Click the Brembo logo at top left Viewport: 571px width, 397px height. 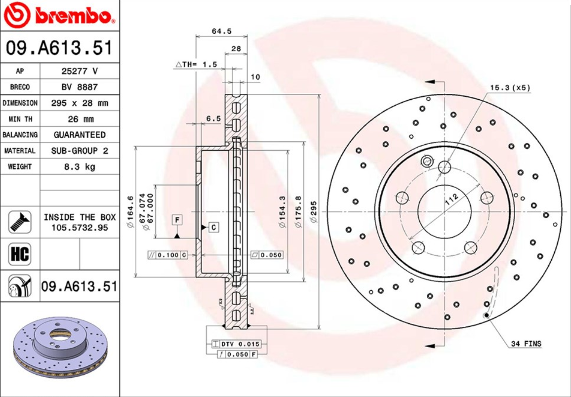point(59,16)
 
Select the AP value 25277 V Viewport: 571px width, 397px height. point(79,71)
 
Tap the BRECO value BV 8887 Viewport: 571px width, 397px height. point(79,87)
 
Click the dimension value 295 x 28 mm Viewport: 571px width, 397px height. point(79,103)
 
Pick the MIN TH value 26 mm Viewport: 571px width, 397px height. point(79,119)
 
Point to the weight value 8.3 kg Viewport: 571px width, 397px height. point(79,166)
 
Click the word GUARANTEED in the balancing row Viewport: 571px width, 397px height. point(79,135)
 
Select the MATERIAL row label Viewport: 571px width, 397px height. point(20,151)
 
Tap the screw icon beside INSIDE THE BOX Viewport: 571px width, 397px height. point(20,222)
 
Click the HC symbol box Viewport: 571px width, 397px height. point(20,254)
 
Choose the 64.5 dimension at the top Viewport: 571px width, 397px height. point(221,31)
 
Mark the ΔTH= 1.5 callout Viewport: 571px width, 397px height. point(196,64)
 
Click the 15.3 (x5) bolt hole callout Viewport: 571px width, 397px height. point(510,88)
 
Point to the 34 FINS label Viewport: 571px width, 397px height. point(526,344)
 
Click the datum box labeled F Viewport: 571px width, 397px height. point(176,219)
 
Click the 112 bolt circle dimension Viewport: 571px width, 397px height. point(450,199)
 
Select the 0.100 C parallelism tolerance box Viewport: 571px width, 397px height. point(168,255)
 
